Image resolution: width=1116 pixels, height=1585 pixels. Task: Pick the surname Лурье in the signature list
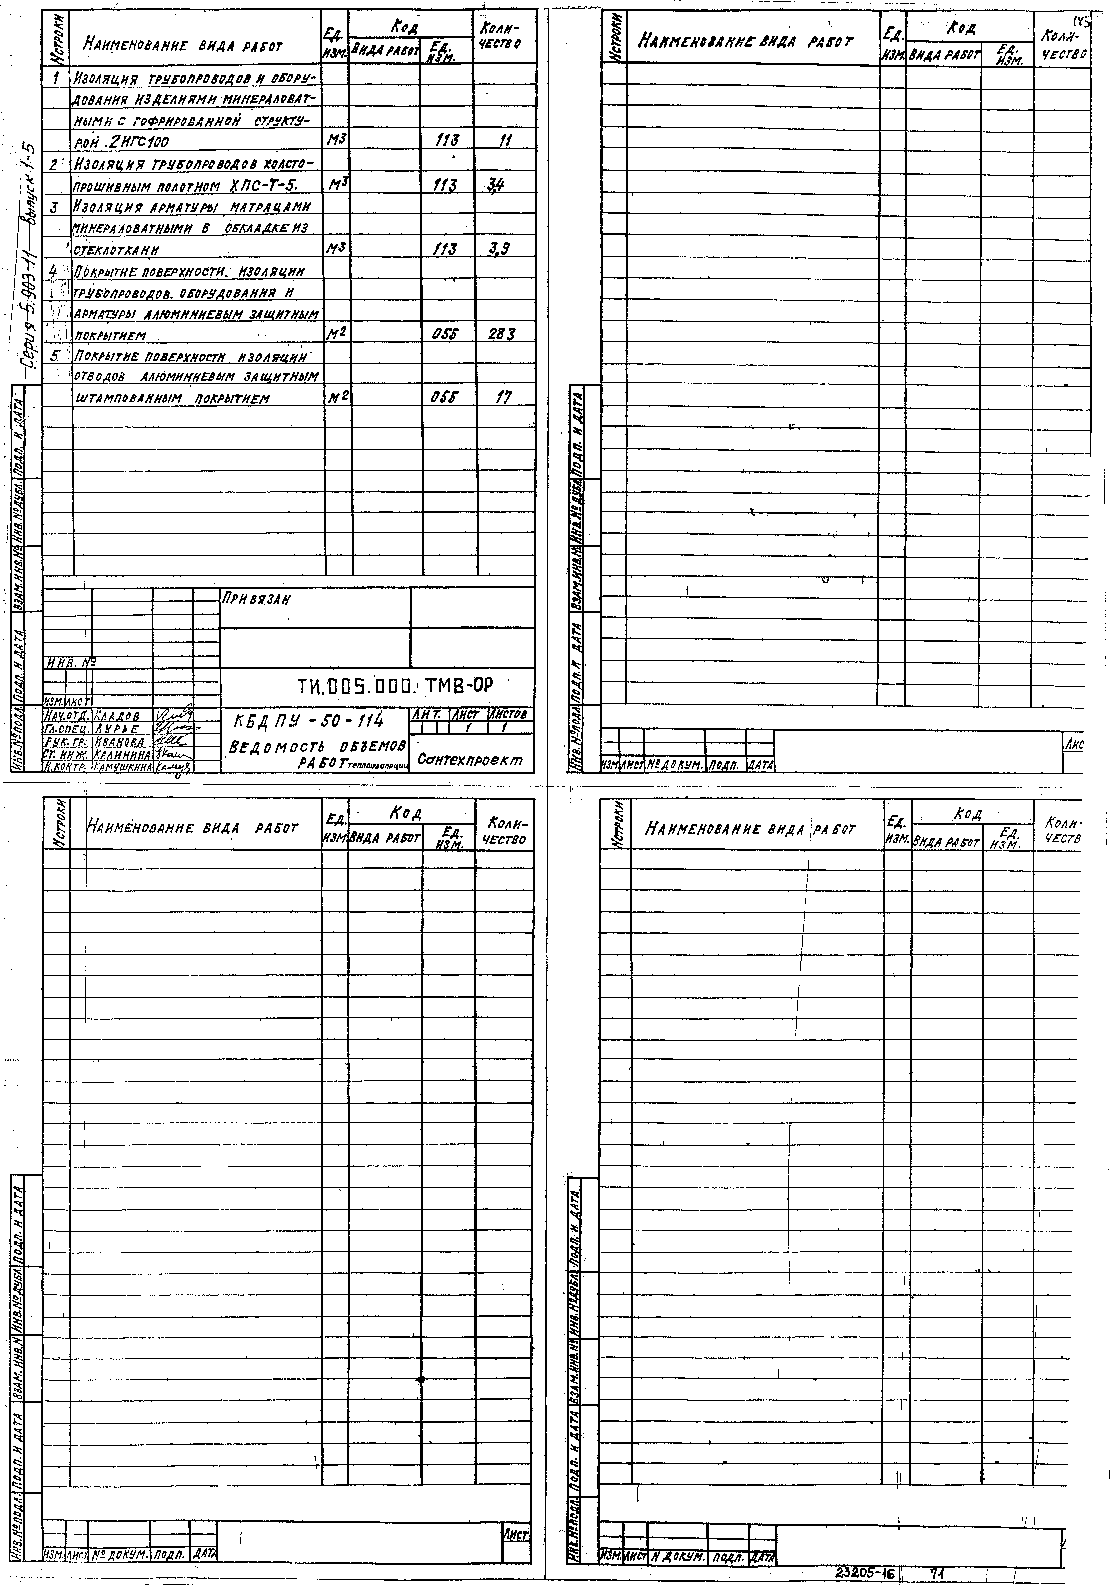[x=117, y=729]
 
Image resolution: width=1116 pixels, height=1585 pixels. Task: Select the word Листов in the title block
[x=510, y=715]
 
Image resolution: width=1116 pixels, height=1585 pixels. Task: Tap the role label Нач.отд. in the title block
[x=67, y=717]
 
